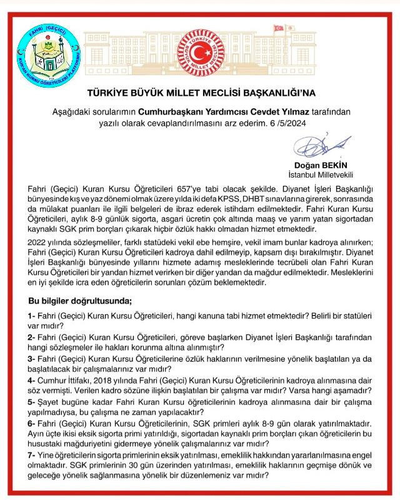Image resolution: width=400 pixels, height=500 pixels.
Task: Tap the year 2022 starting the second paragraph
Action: (x=39, y=242)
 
